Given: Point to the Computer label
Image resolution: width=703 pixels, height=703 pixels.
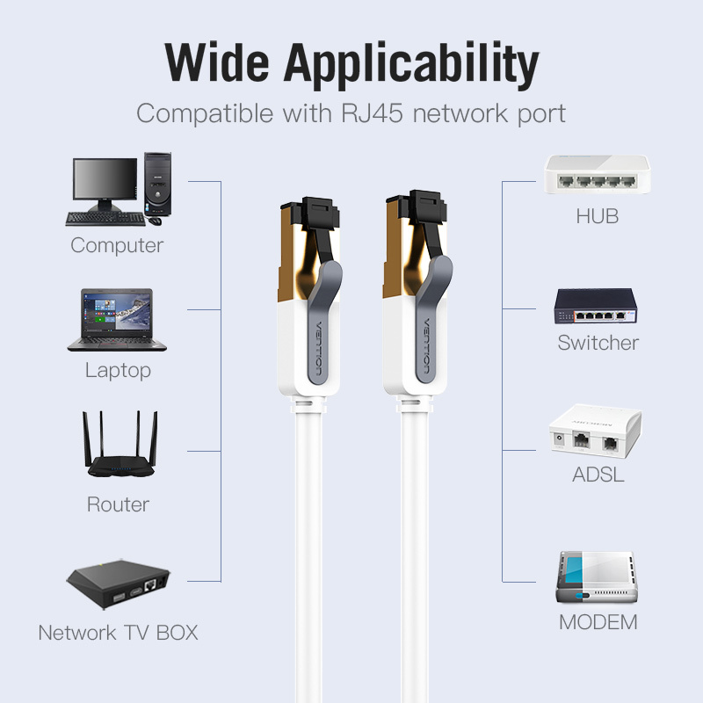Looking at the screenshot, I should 117,245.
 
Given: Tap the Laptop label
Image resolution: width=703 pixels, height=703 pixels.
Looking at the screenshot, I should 118,370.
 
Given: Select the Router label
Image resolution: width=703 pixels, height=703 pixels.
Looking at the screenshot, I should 118,504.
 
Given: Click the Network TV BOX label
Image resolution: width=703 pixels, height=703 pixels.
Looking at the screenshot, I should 118,632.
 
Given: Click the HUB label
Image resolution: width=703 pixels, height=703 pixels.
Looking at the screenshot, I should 598,216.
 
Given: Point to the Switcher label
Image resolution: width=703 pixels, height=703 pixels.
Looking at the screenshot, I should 598,342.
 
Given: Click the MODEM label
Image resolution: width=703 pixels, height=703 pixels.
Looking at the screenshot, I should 598,623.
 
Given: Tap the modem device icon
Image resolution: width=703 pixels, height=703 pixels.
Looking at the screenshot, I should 595,576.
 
